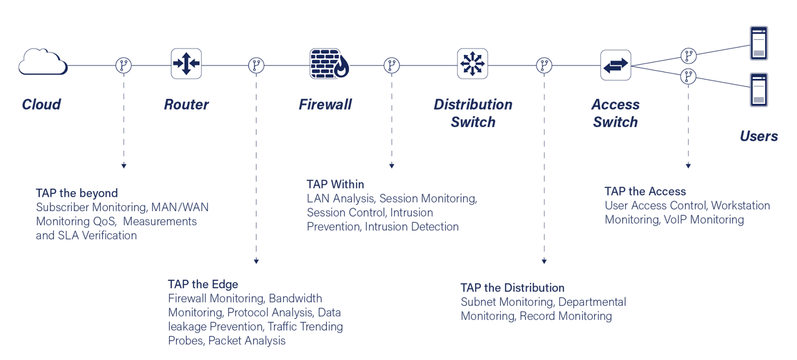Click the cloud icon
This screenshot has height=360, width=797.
click(x=43, y=62)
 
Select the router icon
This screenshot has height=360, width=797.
click(x=186, y=64)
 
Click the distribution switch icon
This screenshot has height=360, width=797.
click(x=472, y=64)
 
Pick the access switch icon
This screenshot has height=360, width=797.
click(x=616, y=65)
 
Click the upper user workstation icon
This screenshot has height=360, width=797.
click(x=759, y=43)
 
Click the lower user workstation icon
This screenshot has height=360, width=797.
click(x=759, y=90)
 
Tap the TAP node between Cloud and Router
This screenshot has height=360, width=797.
click(x=124, y=65)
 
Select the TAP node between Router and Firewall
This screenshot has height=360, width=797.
click(x=256, y=65)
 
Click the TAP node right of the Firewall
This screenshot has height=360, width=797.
click(x=392, y=65)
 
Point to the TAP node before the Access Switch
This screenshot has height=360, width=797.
click(x=544, y=65)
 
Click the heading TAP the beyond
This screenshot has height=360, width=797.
click(x=77, y=193)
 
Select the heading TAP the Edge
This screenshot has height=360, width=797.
click(x=203, y=284)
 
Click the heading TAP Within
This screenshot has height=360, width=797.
click(x=335, y=184)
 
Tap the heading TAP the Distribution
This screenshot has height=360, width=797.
click(x=513, y=288)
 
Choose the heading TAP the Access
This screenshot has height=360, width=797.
click(x=645, y=192)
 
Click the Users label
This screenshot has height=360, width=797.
click(x=759, y=136)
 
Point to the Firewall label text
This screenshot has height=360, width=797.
click(x=325, y=105)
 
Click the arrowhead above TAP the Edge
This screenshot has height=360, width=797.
click(x=256, y=261)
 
